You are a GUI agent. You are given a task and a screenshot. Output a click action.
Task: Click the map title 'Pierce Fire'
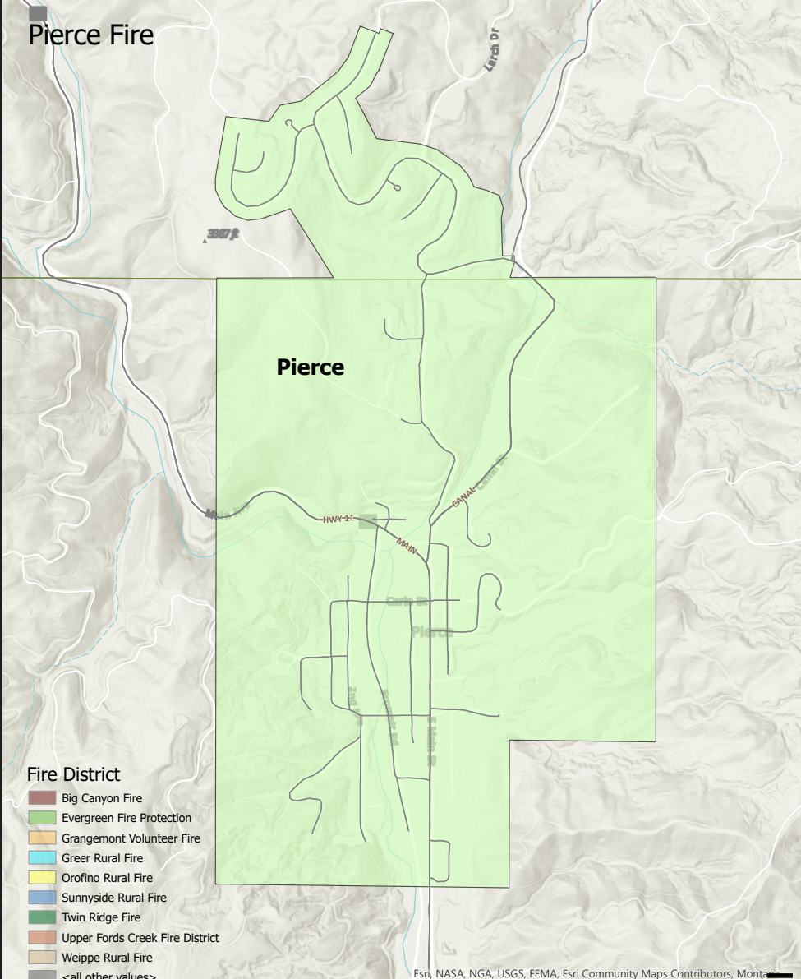[90, 36]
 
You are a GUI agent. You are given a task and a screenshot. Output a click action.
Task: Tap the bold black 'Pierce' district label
[310, 367]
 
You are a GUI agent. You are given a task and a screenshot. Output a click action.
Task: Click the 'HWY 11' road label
[338, 519]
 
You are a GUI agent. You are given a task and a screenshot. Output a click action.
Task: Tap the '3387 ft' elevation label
[223, 234]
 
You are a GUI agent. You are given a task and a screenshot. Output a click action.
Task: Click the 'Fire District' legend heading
[73, 774]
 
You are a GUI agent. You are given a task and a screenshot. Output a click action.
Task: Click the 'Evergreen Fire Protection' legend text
[126, 818]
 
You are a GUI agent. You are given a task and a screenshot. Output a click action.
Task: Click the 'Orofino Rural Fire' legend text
[107, 878]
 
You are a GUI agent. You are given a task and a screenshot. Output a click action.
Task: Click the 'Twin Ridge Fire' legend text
[100, 917]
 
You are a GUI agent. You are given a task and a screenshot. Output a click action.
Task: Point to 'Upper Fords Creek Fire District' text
[140, 938]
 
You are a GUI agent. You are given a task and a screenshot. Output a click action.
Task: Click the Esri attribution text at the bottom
[592, 973]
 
